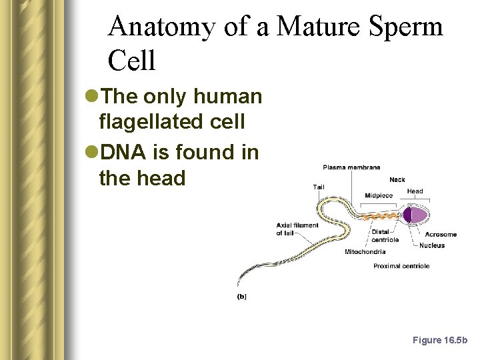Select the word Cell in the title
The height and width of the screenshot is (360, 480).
[131, 61]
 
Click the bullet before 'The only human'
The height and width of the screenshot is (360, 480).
[91, 97]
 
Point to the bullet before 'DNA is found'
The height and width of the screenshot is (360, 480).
[91, 153]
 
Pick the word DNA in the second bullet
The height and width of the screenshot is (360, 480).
[121, 153]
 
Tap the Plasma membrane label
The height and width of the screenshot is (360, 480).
[351, 167]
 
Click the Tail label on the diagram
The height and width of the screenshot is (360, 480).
[319, 187]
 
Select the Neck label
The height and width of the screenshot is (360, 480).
[397, 180]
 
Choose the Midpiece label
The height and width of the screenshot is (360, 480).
[379, 195]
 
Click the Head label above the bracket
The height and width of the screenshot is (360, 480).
[415, 191]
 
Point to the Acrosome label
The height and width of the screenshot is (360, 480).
[441, 235]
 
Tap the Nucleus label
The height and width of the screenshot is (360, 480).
[432, 245]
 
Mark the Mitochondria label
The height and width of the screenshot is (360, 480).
[365, 252]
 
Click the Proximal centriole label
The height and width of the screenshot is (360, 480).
[401, 266]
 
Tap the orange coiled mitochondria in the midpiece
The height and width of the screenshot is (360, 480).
[383, 216]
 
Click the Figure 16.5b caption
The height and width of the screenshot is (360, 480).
[440, 340]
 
